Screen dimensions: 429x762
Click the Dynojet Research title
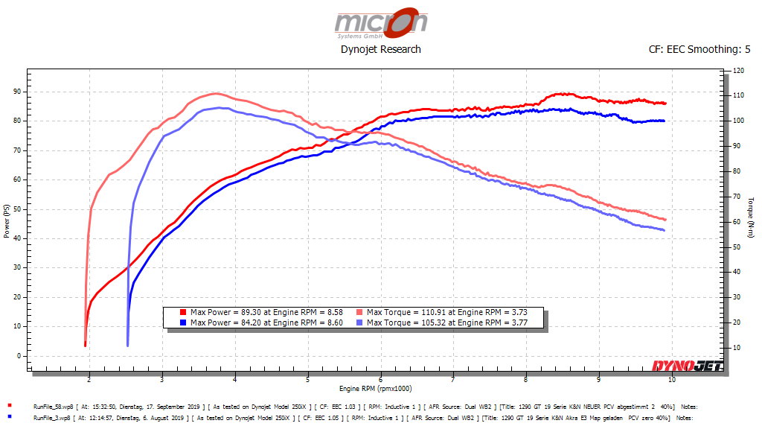click(x=380, y=49)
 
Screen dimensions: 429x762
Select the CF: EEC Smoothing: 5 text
click(x=699, y=50)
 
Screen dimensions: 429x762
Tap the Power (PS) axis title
click(x=7, y=223)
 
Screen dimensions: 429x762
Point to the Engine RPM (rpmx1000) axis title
click(x=377, y=389)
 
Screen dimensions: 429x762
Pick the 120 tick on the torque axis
click(x=737, y=71)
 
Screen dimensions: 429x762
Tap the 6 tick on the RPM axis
click(x=381, y=379)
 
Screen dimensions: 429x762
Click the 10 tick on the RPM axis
click(x=672, y=379)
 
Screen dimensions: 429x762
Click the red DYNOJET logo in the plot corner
click(x=684, y=366)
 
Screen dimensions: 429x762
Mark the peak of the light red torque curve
click(x=216, y=93)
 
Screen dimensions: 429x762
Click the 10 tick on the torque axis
click(x=736, y=348)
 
